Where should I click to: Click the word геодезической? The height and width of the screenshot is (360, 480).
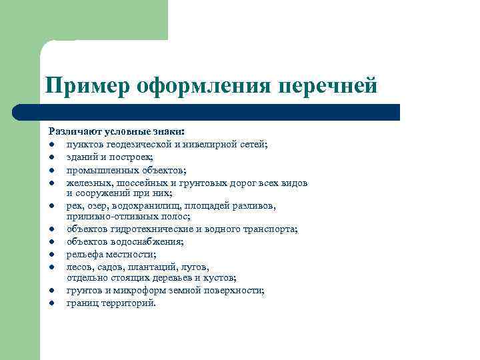point(137,145)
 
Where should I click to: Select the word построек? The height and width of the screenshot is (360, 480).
point(133,157)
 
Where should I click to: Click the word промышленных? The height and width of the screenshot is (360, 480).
point(95,169)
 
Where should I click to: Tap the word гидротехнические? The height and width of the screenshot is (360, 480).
point(146,229)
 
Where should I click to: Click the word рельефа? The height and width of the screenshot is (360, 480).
point(83,254)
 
